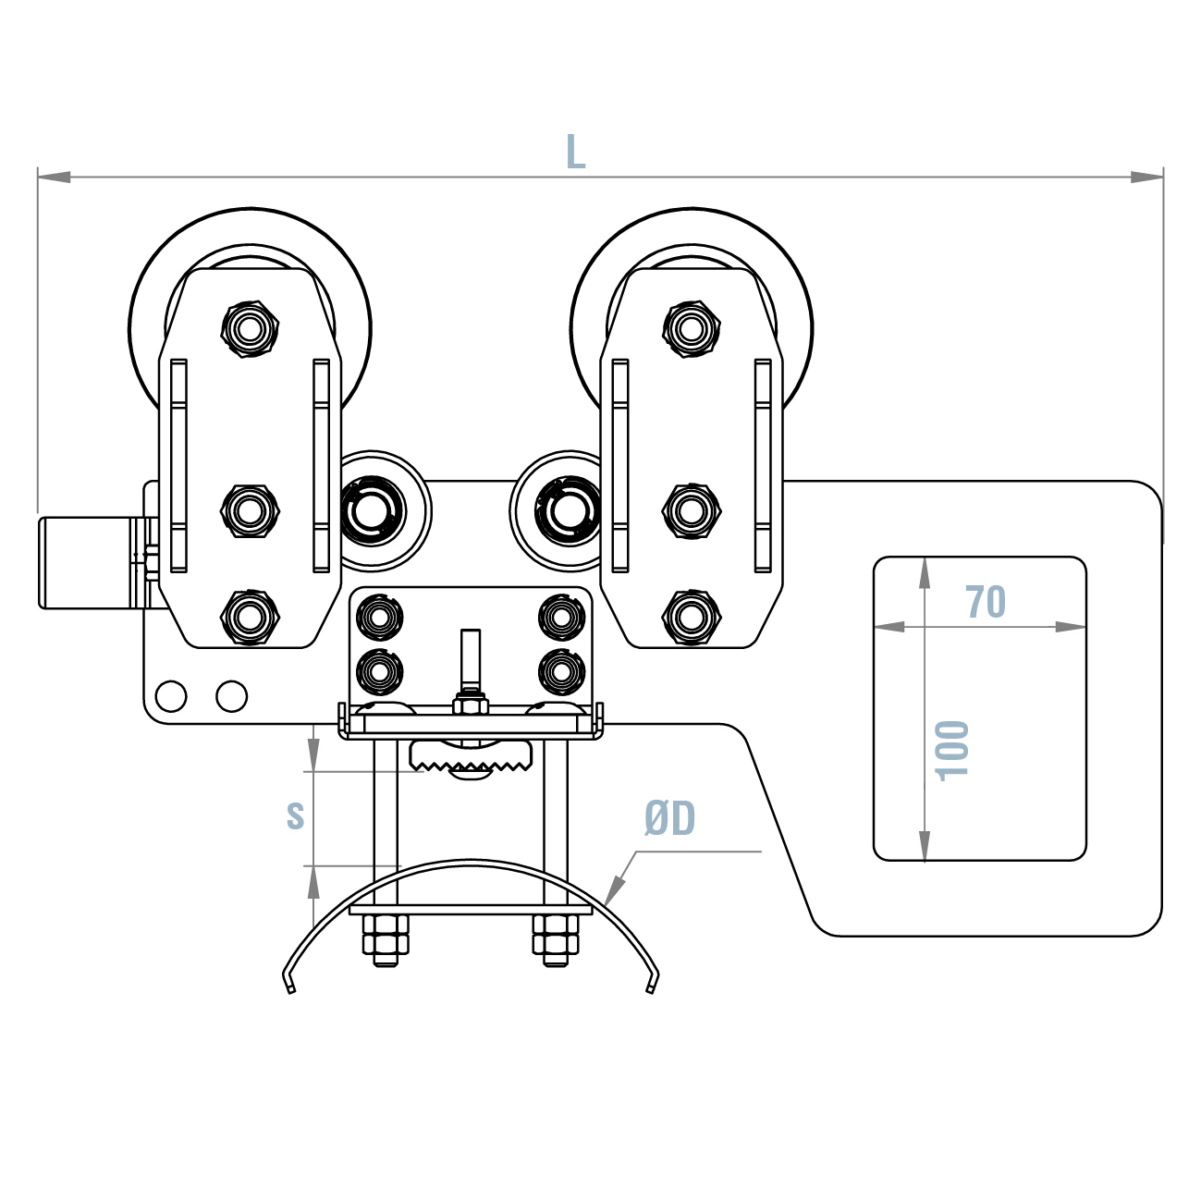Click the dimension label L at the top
[x=575, y=153]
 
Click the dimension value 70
[x=986, y=602]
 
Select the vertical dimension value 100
[x=953, y=750]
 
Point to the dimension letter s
[x=295, y=815]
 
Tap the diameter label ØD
[x=670, y=818]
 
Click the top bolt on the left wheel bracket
[x=250, y=327]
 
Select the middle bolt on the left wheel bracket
[x=250, y=509]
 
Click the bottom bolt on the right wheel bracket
[x=692, y=616]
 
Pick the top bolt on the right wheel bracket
[x=692, y=327]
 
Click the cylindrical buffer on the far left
[x=88, y=562]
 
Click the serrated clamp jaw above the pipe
[x=472, y=757]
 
